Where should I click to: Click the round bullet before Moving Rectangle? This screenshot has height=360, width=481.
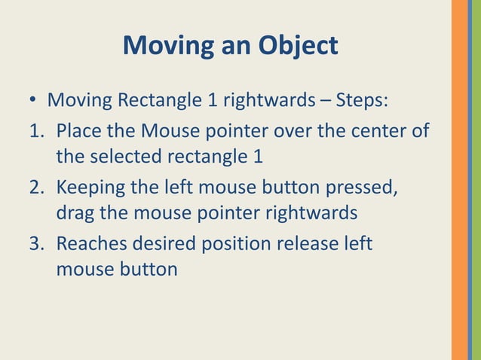point(33,101)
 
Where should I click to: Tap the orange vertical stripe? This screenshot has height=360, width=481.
point(459,180)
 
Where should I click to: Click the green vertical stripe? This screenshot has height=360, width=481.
point(476,180)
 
